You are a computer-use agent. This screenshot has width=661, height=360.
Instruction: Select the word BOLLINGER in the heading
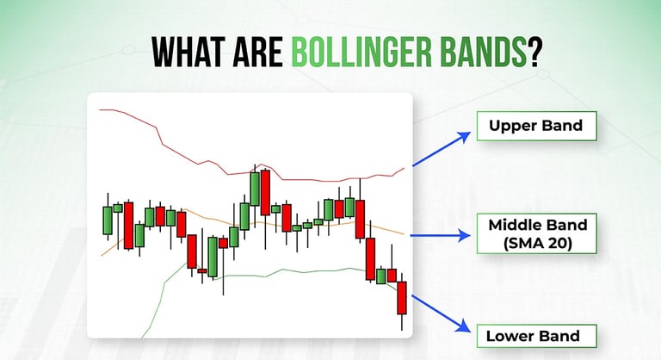(x=361, y=53)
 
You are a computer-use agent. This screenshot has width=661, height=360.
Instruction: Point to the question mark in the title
(x=534, y=53)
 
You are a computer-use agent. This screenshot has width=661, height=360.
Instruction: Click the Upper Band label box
(x=537, y=126)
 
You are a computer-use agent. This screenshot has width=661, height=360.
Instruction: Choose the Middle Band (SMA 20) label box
(x=537, y=233)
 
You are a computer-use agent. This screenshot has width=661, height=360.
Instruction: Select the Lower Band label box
(x=537, y=336)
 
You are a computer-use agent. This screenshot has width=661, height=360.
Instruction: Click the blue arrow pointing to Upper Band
(x=441, y=149)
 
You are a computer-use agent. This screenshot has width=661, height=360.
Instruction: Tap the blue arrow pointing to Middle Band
(x=440, y=235)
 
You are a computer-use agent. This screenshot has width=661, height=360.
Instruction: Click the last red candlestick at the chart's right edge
(x=402, y=298)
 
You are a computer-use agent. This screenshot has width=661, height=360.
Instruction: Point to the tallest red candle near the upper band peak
(x=265, y=192)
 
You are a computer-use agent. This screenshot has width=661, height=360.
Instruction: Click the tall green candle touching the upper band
(x=255, y=189)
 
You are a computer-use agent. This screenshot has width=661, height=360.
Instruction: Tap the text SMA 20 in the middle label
(x=537, y=244)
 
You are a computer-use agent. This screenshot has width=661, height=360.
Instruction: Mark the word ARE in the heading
(x=257, y=53)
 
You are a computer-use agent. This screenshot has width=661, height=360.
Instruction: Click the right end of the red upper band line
(x=405, y=168)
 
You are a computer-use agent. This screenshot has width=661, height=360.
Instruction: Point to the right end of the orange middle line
(x=404, y=234)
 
